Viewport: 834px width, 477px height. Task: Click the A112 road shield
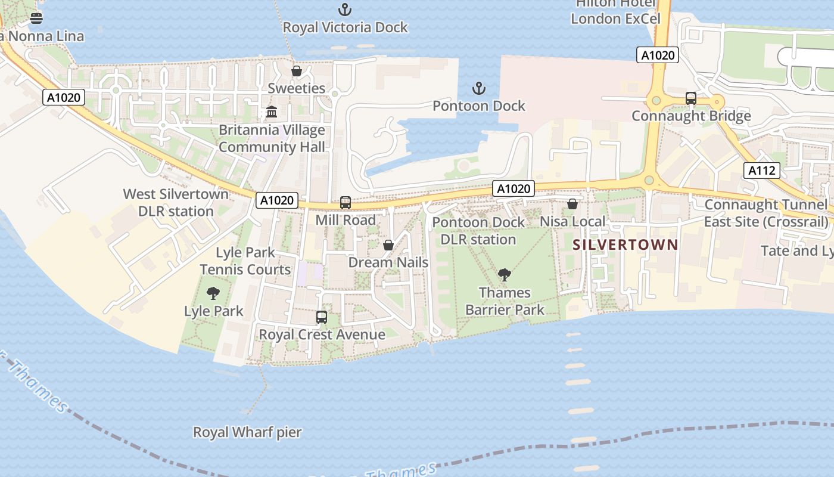(x=762, y=171)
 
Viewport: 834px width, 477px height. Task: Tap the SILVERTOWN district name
(x=625, y=244)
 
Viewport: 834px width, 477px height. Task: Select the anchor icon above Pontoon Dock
(x=479, y=89)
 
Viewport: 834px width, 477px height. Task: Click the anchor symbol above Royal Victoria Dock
(x=344, y=10)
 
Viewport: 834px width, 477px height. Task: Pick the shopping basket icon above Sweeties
(x=296, y=72)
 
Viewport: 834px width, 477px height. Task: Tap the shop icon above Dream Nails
(x=388, y=245)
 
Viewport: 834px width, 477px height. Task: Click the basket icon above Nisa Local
(x=572, y=204)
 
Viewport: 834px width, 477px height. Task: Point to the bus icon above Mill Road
(x=346, y=203)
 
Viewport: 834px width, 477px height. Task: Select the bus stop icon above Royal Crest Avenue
(x=322, y=317)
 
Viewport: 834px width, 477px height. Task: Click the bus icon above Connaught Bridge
(x=691, y=98)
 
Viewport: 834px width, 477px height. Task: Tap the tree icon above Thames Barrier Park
(x=505, y=275)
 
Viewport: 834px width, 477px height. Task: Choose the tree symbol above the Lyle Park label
(x=213, y=293)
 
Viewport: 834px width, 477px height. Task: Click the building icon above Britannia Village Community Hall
(x=272, y=112)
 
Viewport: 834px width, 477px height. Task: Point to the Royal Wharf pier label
(x=247, y=432)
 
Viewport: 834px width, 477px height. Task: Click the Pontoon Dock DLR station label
(x=478, y=231)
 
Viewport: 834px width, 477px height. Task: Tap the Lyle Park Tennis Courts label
(x=245, y=261)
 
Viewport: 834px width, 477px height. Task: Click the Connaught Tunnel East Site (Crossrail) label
(x=766, y=213)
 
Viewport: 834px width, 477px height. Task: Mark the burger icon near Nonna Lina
(x=36, y=18)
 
